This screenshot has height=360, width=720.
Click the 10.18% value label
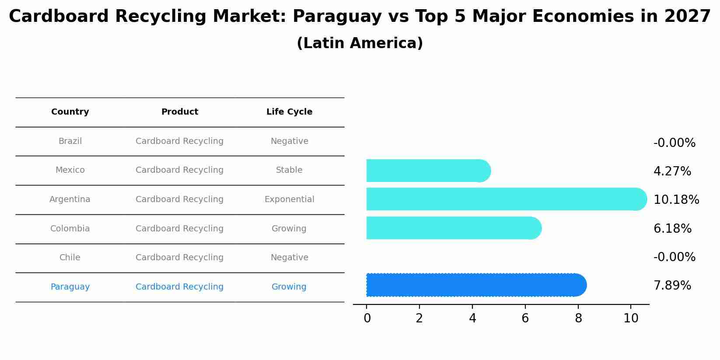click(x=676, y=200)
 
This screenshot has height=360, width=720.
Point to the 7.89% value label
click(x=672, y=286)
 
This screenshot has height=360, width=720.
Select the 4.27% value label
click(x=672, y=171)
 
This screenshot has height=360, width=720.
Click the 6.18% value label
click(x=672, y=229)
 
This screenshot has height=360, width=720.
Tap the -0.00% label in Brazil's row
click(x=674, y=143)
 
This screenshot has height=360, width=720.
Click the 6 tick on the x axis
click(x=525, y=318)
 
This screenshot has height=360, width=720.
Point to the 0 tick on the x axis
click(x=367, y=318)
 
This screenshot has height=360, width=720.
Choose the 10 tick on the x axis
click(x=630, y=318)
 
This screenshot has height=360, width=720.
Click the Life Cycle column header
click(x=289, y=112)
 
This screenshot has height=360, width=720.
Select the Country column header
click(x=70, y=112)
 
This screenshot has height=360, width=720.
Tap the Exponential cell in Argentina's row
click(x=289, y=199)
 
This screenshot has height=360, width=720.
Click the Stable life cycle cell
click(x=289, y=170)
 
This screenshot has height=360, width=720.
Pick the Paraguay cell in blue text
click(x=70, y=287)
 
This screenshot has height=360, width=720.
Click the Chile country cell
click(x=70, y=258)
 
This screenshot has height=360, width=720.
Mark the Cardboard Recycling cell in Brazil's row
click(x=179, y=141)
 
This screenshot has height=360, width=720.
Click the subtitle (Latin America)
click(x=360, y=43)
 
